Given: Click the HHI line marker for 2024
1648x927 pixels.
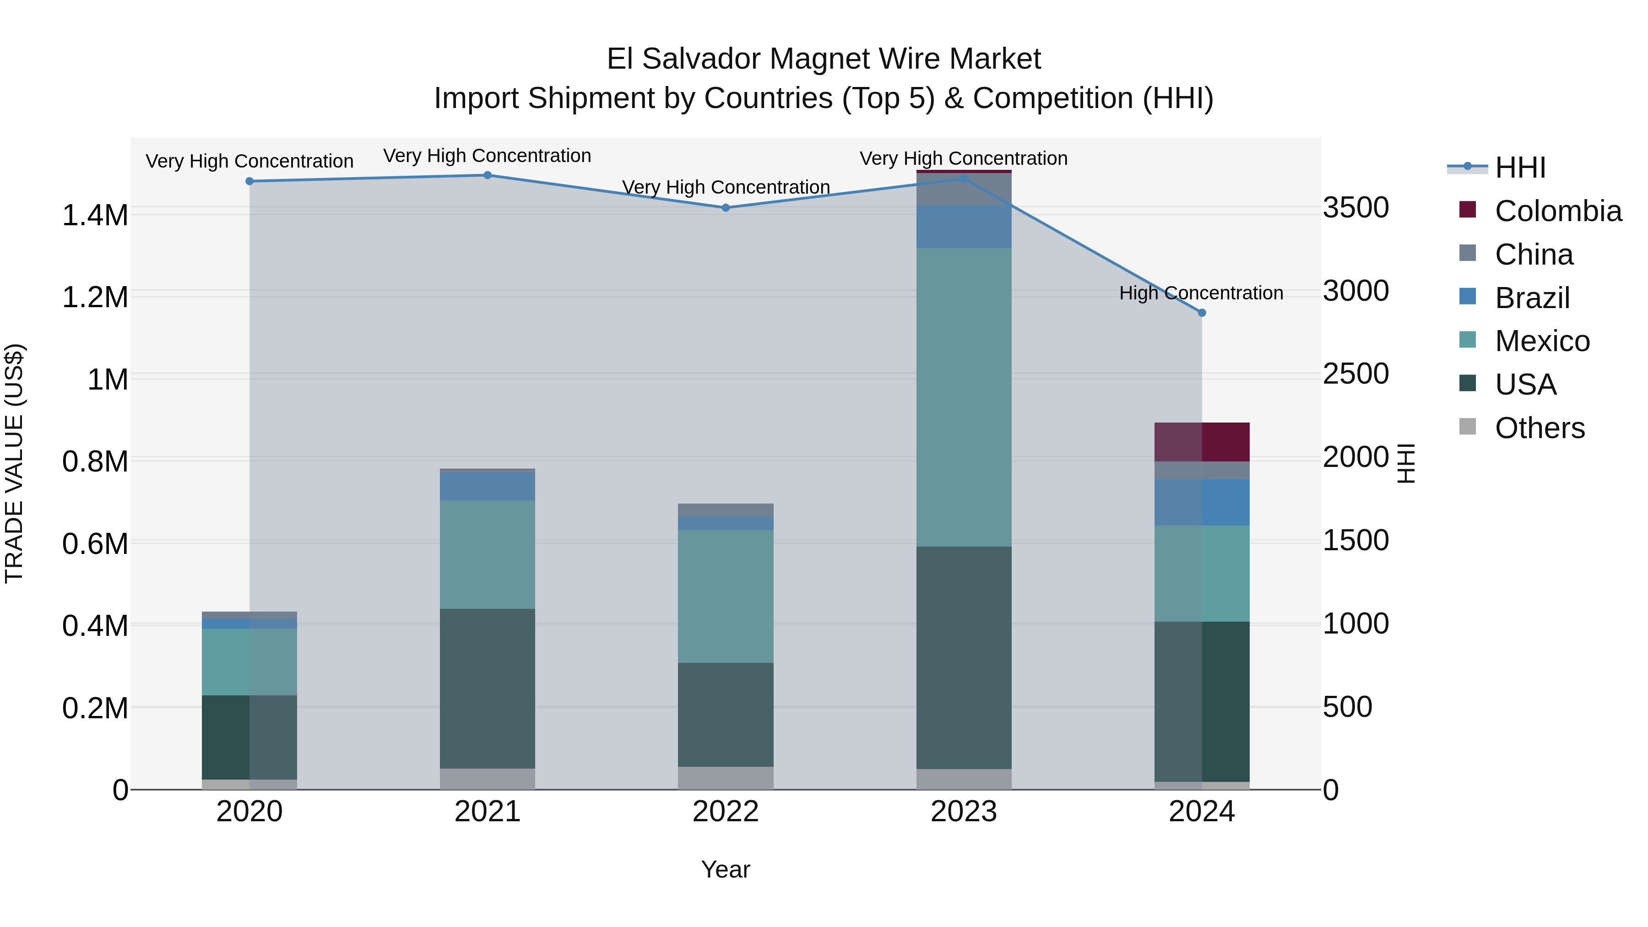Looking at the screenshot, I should pos(1202,313).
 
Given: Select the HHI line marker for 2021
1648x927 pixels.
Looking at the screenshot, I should pos(488,175).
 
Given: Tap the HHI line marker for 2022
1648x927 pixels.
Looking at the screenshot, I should pos(726,208).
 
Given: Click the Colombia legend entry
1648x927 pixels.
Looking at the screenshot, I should pos(1557,211).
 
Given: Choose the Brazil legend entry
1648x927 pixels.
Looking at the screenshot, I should pos(1532,298).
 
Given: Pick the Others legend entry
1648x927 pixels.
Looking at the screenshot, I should pos(1539,428).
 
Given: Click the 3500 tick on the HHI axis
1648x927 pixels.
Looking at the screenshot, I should pos(1355,208).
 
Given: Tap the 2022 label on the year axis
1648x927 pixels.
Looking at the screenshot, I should pos(726,812).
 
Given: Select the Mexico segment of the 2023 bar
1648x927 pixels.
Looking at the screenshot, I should pos(964,396).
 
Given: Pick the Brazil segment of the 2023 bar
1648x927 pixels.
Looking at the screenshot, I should pos(964,227).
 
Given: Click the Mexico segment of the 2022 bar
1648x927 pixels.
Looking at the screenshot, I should pos(726,596).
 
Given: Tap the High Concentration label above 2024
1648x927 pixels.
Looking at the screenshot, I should pos(1201,293).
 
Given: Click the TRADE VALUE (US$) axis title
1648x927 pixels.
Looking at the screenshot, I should pos(14,463).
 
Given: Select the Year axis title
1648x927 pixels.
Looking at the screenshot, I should pos(726,869).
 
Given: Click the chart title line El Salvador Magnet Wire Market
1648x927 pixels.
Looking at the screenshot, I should pos(824,59).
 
